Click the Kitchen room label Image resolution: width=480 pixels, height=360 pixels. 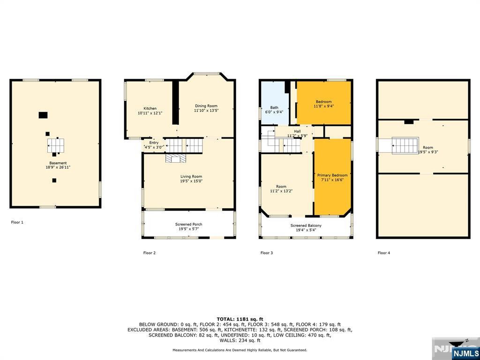(x=150, y=108)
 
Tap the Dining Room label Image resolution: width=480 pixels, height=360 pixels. (x=206, y=106)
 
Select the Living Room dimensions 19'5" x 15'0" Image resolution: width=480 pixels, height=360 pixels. (x=191, y=181)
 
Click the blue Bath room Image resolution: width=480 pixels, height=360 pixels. (x=274, y=103)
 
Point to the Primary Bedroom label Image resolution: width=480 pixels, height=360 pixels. (x=332, y=175)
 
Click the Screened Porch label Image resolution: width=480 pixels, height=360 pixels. (x=188, y=225)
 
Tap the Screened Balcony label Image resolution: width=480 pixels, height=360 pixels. (x=306, y=225)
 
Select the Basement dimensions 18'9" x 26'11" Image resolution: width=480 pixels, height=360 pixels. (x=58, y=167)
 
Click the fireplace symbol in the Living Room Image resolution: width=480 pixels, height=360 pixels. (x=176, y=158)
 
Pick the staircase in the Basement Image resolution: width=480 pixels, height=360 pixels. (x=56, y=146)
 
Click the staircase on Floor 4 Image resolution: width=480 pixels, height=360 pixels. (x=405, y=145)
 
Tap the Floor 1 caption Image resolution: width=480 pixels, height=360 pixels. (x=17, y=222)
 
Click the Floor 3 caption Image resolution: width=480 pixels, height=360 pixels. (x=267, y=253)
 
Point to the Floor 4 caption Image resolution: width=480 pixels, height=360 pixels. (x=384, y=253)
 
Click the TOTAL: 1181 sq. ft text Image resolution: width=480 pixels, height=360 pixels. (x=240, y=319)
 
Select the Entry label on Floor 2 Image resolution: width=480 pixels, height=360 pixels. (x=154, y=142)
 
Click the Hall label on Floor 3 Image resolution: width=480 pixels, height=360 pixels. (x=297, y=131)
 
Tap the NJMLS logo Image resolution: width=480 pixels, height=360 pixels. (x=465, y=352)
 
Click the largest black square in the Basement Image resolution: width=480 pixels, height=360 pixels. (x=43, y=115)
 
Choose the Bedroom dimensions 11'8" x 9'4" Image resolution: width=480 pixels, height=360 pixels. (x=323, y=106)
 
